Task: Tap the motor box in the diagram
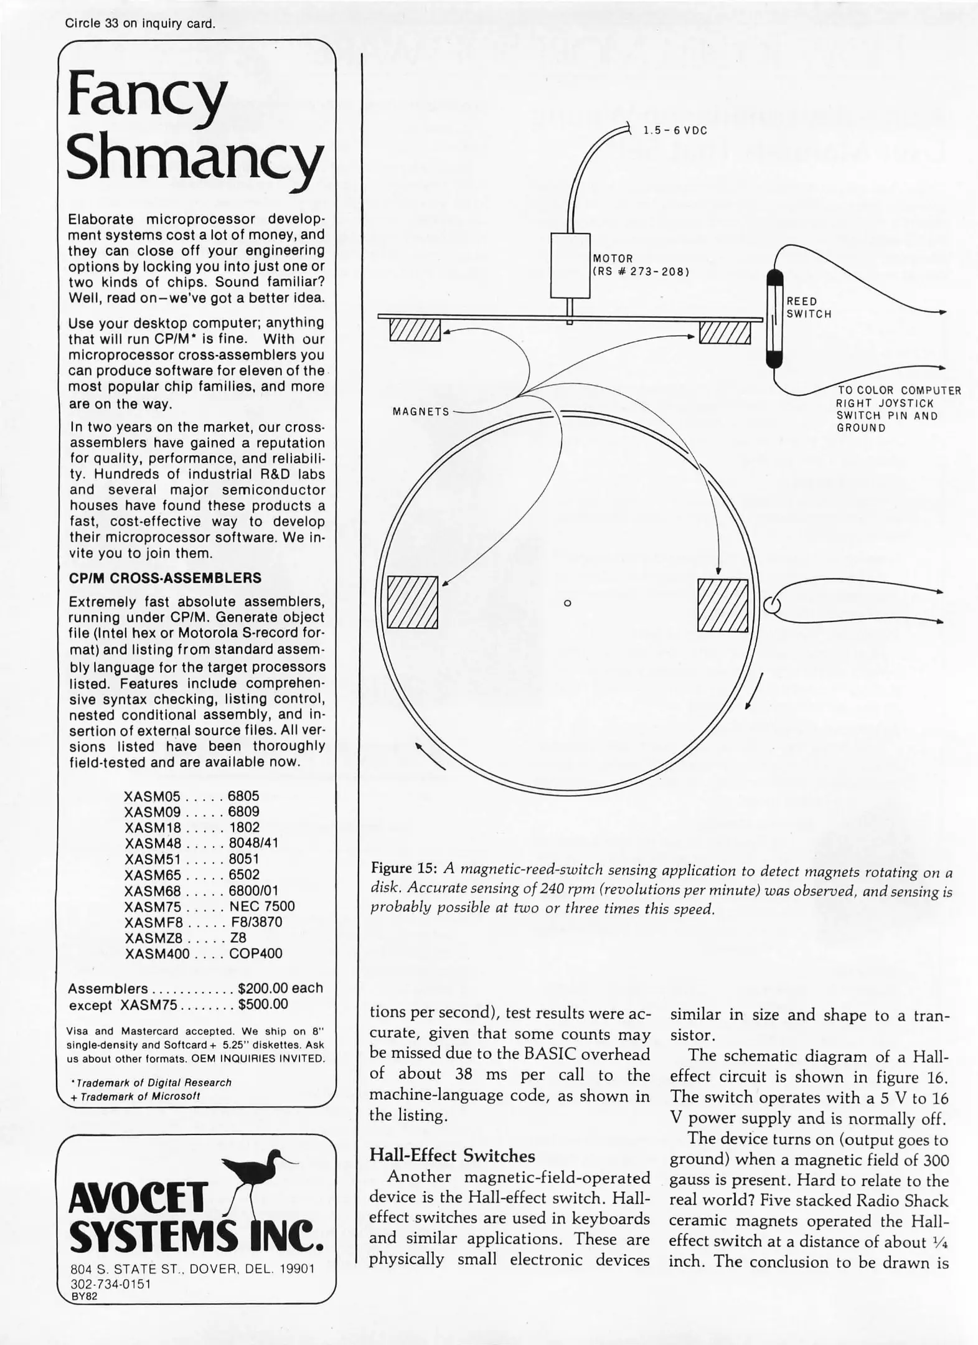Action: click(x=570, y=265)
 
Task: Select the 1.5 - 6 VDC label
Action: click(x=675, y=131)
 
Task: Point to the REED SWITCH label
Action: click(x=809, y=308)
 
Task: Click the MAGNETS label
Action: click(x=421, y=412)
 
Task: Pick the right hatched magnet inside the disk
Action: click(x=722, y=605)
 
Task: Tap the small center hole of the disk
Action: click(x=567, y=603)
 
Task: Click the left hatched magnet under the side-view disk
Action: click(x=415, y=330)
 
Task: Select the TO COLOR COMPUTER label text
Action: click(x=898, y=390)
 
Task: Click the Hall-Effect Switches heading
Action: click(x=452, y=1155)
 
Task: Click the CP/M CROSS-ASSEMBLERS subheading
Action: click(x=164, y=577)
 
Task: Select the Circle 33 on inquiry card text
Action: click(x=140, y=24)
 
